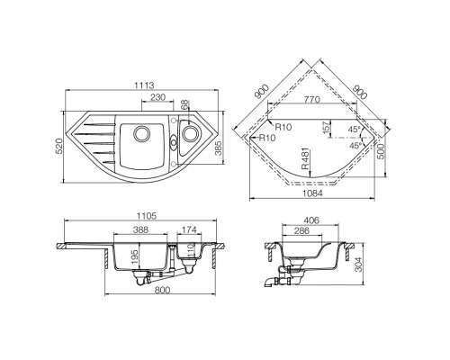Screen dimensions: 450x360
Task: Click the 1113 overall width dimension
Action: (144, 85)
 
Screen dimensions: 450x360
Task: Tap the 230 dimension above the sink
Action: (157, 97)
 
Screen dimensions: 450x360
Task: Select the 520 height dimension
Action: (59, 146)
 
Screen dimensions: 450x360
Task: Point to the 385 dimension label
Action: (219, 148)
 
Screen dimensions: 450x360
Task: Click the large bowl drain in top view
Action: (141, 133)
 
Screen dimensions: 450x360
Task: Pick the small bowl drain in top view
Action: (190, 133)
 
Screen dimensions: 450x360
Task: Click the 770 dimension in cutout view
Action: (311, 99)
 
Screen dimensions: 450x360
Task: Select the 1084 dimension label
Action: (312, 193)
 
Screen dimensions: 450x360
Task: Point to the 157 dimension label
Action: (327, 128)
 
